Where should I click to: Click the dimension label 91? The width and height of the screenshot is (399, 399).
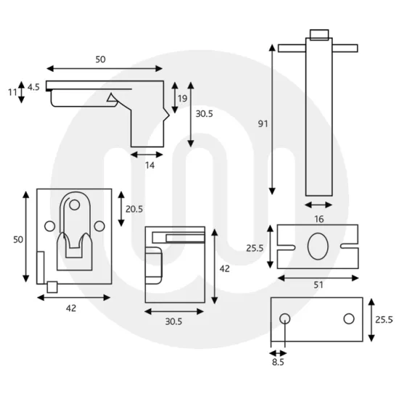coord(263,124)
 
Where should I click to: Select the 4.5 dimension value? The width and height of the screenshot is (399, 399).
coord(33,87)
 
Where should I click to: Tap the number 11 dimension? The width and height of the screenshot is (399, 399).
coord(11,93)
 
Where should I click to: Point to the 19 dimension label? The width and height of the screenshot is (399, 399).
coord(181,98)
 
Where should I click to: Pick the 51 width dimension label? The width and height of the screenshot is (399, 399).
coord(318,286)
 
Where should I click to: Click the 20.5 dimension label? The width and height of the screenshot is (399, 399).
coord(134,208)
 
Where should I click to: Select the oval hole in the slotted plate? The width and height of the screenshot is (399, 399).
coord(317,246)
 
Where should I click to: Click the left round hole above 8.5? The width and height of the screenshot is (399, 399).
coord(285,318)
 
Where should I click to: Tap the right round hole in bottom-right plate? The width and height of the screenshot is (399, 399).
coord(349,318)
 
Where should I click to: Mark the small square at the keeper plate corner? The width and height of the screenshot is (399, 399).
coord(52,287)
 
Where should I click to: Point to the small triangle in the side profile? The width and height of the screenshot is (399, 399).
coord(112,98)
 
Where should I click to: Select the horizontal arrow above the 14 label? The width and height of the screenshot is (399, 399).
coord(147,154)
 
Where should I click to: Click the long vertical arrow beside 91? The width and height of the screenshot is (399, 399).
coord(273,119)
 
